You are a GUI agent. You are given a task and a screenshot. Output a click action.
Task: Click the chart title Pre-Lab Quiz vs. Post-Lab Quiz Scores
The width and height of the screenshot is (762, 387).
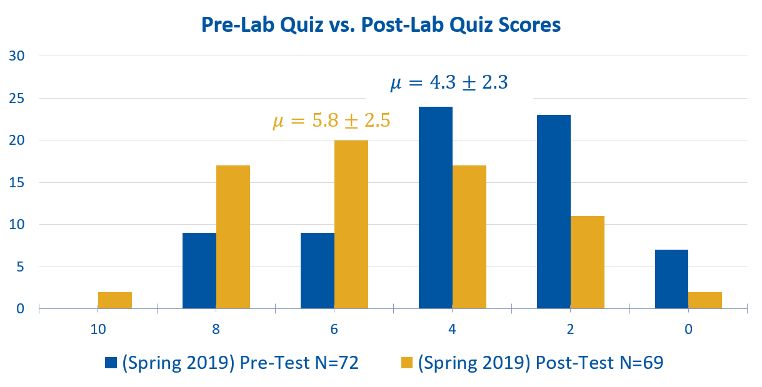(x=381, y=26)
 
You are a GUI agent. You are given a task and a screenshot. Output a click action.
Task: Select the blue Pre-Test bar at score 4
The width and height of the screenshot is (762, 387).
(x=436, y=207)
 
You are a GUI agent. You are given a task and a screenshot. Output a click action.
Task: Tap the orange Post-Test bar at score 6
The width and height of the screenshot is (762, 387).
(x=351, y=224)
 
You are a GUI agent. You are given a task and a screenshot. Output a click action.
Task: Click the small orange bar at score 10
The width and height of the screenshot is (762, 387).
(x=115, y=300)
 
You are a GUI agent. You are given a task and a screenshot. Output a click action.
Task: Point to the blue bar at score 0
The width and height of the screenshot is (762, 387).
(x=671, y=279)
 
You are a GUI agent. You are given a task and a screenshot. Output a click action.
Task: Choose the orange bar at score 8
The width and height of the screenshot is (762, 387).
(x=233, y=237)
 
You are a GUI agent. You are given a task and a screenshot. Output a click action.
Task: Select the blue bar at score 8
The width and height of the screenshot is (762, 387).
(x=199, y=270)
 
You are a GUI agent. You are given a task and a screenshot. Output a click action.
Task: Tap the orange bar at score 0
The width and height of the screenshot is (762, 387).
(x=705, y=300)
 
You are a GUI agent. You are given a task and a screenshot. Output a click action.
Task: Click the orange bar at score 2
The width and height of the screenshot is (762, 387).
(x=588, y=262)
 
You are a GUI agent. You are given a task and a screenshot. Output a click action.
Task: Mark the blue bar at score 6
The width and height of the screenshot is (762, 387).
(x=318, y=270)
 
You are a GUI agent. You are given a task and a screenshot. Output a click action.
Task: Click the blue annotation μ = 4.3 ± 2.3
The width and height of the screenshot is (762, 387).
(x=449, y=83)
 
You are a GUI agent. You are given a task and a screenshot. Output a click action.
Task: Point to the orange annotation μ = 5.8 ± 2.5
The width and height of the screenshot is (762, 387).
(x=331, y=120)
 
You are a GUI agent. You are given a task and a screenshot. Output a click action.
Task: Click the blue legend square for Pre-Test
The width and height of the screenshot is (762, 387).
(x=111, y=363)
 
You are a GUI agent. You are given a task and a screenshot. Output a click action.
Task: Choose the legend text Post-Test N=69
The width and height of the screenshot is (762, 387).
(x=540, y=363)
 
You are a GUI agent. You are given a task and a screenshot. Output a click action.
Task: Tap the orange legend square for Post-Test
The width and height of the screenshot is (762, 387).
(x=407, y=363)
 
